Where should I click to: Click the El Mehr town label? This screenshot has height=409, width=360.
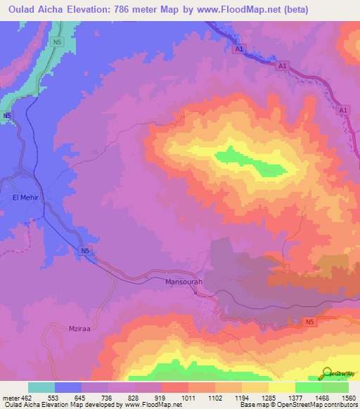pyautogui.click(x=24, y=198)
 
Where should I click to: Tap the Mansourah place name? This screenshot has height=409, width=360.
pyautogui.click(x=184, y=282)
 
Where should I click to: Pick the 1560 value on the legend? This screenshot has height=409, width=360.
pyautogui.click(x=348, y=398)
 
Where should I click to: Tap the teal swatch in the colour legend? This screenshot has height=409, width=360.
pyautogui.click(x=41, y=387)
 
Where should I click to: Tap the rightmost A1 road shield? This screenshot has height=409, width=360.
pyautogui.click(x=343, y=111)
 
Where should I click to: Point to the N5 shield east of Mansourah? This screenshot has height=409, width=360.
pyautogui.click(x=309, y=322)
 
